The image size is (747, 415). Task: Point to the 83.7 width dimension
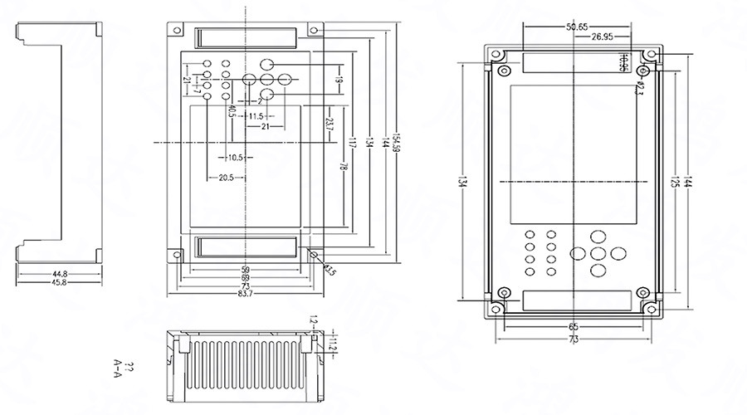[245, 294]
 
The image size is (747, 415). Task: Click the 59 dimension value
[245, 270]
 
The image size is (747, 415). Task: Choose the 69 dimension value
[245, 278]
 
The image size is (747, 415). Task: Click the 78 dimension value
[342, 167]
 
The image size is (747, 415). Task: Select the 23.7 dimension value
[330, 126]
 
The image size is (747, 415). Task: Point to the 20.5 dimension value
[225, 178]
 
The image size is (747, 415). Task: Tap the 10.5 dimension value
[235, 157]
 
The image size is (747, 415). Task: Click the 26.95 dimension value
[603, 37]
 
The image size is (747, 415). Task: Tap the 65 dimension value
[573, 328]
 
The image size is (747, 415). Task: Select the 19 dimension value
[339, 81]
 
